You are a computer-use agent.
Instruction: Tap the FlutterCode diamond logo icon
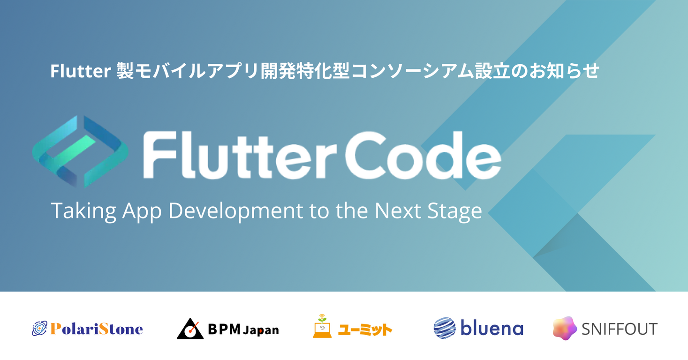[x=80, y=151]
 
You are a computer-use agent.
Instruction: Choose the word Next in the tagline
[x=395, y=211]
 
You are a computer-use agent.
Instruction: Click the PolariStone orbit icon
[x=39, y=329]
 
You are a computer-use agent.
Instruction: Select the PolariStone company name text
[x=96, y=329]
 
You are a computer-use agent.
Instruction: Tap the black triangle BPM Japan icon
[x=189, y=329]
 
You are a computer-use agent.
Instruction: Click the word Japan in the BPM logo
[x=261, y=330]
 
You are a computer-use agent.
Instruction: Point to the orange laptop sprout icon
[x=322, y=326]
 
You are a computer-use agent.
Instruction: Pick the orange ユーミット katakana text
[x=365, y=330]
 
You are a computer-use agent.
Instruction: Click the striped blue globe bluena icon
[x=445, y=328]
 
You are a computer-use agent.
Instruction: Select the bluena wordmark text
[x=491, y=328]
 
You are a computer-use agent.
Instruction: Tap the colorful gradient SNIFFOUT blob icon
[x=564, y=328]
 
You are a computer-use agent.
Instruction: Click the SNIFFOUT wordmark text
[x=619, y=329]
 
